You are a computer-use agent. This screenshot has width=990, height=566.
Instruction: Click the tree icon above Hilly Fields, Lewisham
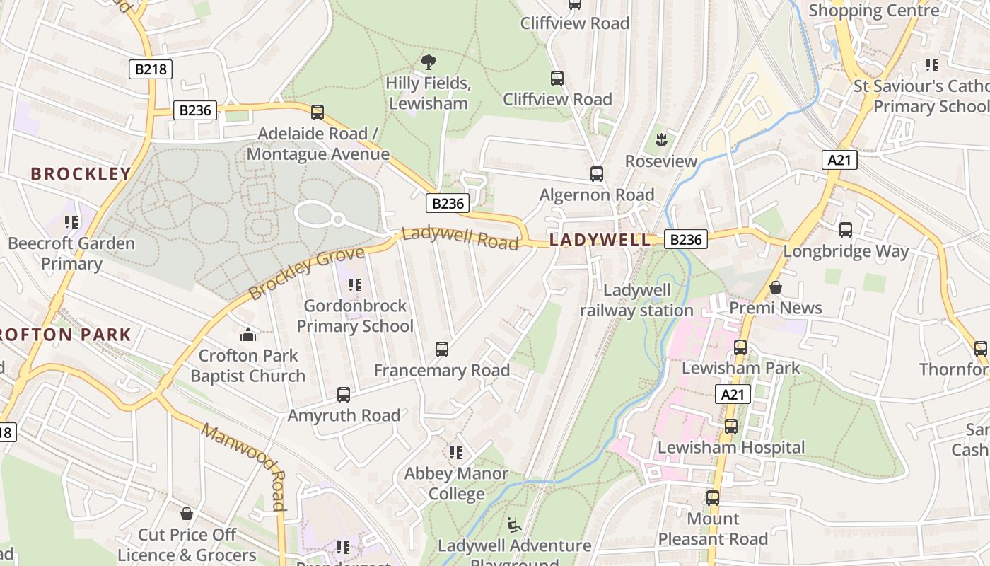(428, 62)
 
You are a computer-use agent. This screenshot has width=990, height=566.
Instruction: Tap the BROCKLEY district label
(81, 174)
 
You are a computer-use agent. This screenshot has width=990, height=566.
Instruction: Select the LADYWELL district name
(600, 240)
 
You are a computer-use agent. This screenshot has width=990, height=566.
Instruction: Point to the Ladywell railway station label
(636, 300)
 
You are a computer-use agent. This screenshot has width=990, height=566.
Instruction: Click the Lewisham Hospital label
(731, 447)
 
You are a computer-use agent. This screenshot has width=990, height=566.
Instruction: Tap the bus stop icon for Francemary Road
(442, 349)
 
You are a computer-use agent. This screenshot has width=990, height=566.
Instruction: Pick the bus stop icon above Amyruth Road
(344, 395)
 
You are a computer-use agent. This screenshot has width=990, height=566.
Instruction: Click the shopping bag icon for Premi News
(776, 287)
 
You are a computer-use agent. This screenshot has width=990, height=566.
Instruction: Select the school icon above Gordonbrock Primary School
(355, 285)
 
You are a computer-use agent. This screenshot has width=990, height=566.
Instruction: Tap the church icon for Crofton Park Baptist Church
(248, 334)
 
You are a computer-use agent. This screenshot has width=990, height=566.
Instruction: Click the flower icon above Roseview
(661, 140)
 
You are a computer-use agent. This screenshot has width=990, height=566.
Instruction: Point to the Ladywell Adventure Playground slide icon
(514, 524)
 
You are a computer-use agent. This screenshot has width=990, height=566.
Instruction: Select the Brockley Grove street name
(307, 272)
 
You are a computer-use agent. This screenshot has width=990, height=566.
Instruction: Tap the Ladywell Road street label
(460, 238)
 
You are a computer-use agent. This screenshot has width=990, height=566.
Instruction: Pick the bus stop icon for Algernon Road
(597, 173)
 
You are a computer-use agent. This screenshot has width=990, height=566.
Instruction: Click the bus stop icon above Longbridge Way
(846, 230)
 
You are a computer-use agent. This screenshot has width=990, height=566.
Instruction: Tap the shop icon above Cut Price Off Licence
(187, 513)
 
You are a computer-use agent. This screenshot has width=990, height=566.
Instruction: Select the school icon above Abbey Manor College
(456, 452)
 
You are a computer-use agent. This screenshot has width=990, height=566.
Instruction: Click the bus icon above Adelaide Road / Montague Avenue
(318, 112)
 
